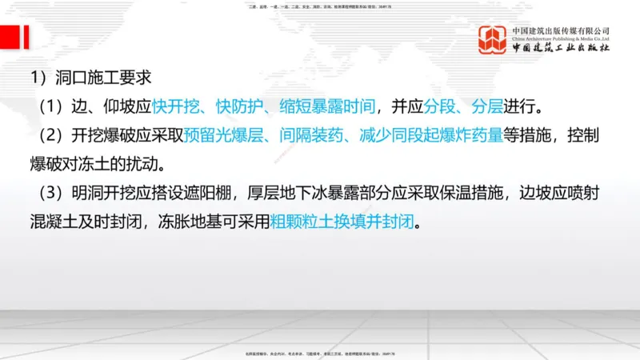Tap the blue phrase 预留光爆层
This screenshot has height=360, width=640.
click(x=220, y=136)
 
